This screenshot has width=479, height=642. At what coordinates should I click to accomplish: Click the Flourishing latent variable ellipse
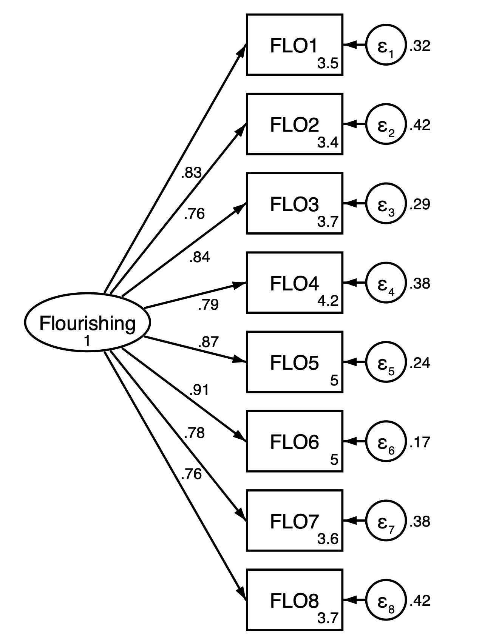pos(87,323)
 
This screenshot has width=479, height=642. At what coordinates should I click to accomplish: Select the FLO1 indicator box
pos(294,45)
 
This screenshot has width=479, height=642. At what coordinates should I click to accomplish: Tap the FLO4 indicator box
pos(294,283)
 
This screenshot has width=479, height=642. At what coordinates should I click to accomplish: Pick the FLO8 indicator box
pos(294,599)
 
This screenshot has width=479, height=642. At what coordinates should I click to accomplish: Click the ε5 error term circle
pos(386,362)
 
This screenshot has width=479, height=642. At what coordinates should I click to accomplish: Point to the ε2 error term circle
pos(386,124)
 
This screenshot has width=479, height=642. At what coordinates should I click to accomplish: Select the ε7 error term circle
pos(386,521)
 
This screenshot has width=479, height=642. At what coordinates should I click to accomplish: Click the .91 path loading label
pos(199,390)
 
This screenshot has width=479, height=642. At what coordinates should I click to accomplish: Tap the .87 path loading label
pos(208,342)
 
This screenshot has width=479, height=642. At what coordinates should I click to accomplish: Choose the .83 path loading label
pos(191,173)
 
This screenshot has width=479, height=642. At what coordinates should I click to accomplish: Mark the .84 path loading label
pos(199,257)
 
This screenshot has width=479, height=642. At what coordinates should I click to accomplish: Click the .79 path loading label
pos(208,304)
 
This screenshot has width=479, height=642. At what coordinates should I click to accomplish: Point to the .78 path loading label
pos(194,433)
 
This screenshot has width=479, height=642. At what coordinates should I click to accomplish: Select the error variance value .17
pos(420,442)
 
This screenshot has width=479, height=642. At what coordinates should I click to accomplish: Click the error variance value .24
pos(420,362)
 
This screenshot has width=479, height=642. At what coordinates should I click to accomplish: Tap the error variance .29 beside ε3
pos(420,204)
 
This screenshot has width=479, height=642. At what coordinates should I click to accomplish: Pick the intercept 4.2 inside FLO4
pos(328,301)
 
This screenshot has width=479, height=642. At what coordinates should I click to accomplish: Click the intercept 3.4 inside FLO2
pos(328,143)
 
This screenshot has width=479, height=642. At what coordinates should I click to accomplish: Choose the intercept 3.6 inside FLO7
pos(328,539)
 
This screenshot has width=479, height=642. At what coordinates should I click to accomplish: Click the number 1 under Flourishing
pos(87,341)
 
